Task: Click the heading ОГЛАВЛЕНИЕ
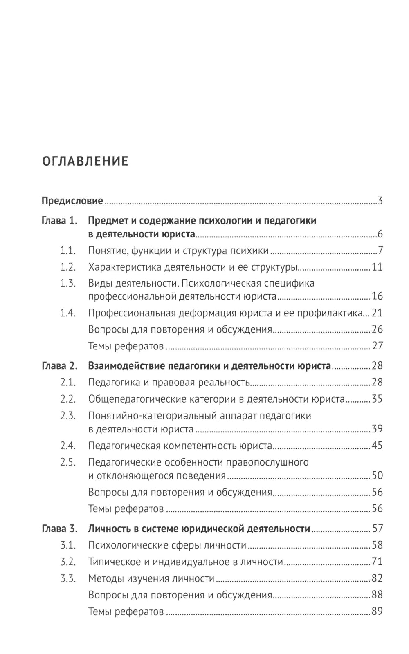coord(85,161)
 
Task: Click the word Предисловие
coord(72,201)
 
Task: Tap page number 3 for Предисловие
coord(380,201)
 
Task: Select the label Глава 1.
coord(59,221)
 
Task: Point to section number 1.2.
coord(68,267)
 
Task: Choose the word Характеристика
coord(124,267)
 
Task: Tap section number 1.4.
coord(68,313)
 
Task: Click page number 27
coord(377,346)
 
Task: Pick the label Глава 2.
coord(59,366)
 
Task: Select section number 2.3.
coord(68,416)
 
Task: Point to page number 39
coord(377,429)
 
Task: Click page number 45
coord(377,446)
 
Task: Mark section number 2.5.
coord(68,462)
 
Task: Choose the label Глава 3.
coord(59,529)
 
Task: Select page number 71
coord(377,562)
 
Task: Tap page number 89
coord(377,611)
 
